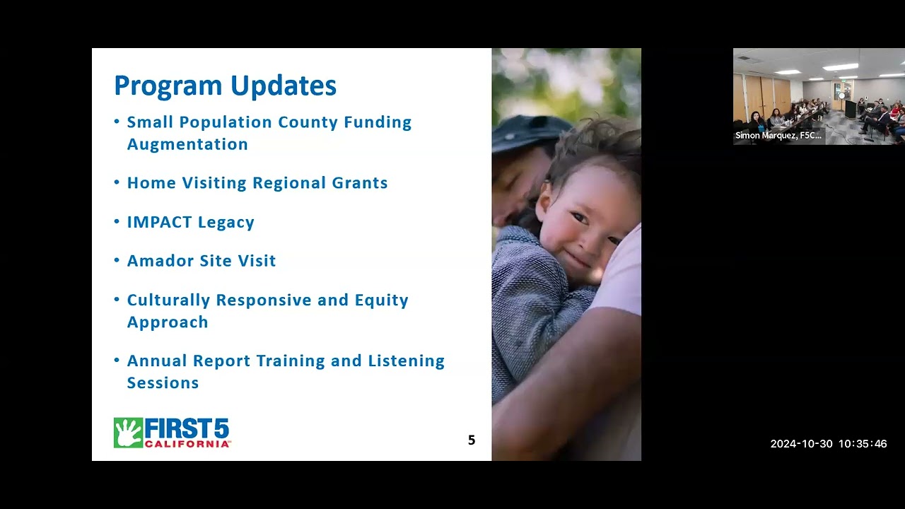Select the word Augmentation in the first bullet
(x=187, y=144)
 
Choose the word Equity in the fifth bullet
(x=382, y=300)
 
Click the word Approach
(x=168, y=322)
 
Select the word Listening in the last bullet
(x=406, y=361)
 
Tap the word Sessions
(x=163, y=383)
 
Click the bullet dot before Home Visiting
(x=117, y=182)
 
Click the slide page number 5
(x=472, y=440)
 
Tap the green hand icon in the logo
(x=128, y=433)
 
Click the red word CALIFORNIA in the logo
(x=187, y=444)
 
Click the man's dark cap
(x=527, y=133)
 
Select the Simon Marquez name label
(x=778, y=136)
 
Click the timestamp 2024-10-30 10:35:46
(x=828, y=444)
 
